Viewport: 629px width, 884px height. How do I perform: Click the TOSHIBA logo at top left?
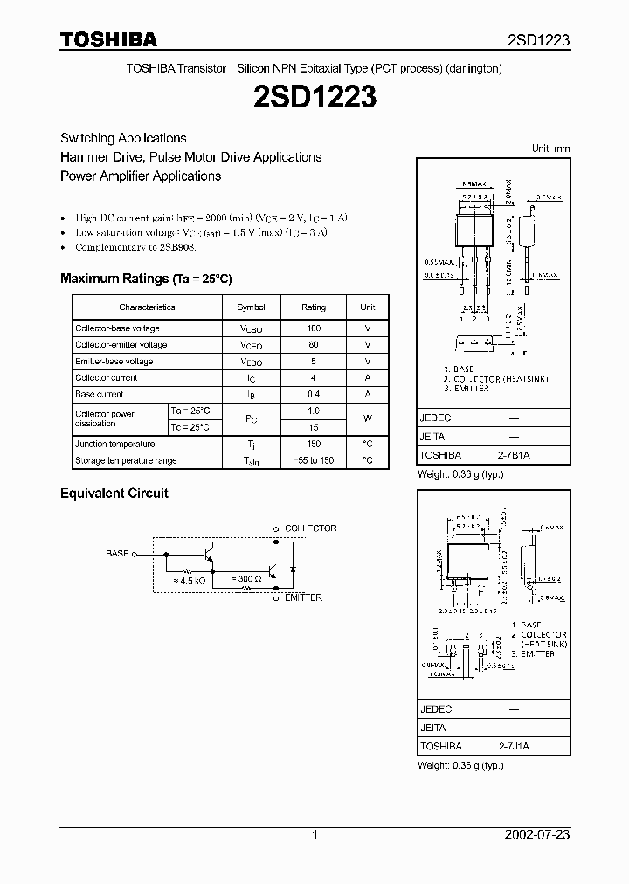click(107, 39)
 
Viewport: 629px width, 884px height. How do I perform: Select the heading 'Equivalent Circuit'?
click(114, 494)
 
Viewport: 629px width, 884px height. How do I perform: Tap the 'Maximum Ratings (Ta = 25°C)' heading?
click(145, 279)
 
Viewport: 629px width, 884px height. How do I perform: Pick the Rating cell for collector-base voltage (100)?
click(314, 328)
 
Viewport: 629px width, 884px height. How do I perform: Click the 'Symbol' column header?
click(251, 307)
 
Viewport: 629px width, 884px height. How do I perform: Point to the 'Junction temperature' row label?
click(115, 444)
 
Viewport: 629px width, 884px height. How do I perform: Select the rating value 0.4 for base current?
click(314, 395)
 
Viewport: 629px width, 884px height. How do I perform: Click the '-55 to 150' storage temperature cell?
click(314, 460)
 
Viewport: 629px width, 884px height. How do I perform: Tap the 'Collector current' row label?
click(107, 378)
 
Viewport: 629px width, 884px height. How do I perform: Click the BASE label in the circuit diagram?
click(117, 554)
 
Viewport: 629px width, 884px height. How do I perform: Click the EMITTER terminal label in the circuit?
click(303, 598)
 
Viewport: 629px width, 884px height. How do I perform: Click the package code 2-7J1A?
click(515, 747)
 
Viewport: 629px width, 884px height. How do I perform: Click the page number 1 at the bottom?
click(314, 835)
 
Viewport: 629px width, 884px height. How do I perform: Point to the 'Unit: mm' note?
click(550, 148)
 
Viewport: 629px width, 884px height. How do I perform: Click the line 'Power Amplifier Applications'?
click(141, 176)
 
